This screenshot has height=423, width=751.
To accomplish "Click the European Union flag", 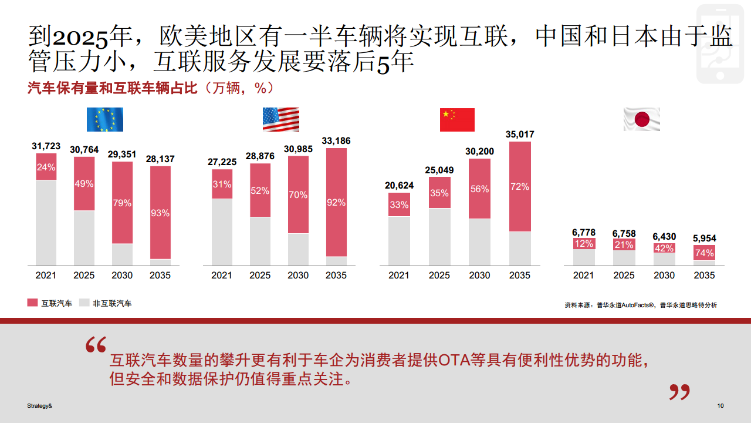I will [x=105, y=119].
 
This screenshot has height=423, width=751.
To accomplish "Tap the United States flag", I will [x=280, y=119].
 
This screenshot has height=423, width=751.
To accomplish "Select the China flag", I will [x=457, y=120].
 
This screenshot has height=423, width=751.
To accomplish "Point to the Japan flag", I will [x=641, y=119].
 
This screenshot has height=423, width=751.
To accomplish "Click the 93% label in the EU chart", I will [x=160, y=213].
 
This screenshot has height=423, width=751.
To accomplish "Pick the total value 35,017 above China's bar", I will [x=520, y=135].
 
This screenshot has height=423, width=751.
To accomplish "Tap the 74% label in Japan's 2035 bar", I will [x=705, y=253].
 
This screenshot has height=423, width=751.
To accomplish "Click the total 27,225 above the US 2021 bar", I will [x=222, y=162].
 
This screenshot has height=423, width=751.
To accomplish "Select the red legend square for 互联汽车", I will [x=32, y=303].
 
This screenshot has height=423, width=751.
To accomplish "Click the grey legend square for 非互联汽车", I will [x=84, y=303].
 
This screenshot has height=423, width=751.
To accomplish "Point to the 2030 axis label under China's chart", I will [x=479, y=276].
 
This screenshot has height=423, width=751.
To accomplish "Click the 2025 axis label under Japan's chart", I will [x=623, y=276].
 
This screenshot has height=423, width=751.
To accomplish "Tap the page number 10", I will [x=720, y=406].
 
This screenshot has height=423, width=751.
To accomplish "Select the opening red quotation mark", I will [x=96, y=345].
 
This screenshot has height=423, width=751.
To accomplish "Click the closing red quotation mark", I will [x=679, y=392].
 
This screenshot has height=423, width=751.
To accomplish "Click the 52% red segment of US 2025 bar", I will [x=260, y=190].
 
